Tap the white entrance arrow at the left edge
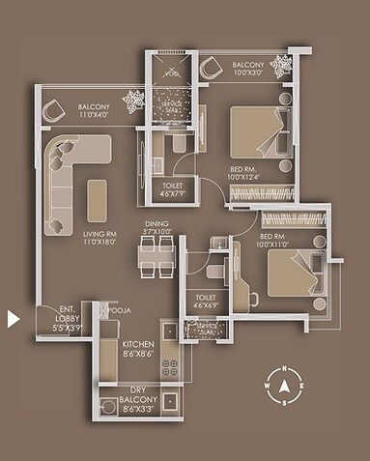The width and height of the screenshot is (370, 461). [x=14, y=318]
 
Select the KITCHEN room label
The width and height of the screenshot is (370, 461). [x=137, y=350]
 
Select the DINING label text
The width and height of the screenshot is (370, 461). [x=157, y=228]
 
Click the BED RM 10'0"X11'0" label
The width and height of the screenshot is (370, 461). [x=276, y=242]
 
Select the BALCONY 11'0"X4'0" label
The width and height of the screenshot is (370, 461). [x=95, y=111]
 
